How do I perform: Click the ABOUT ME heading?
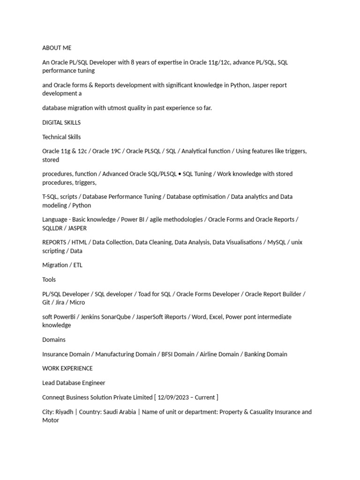57,48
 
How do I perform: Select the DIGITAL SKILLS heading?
61,122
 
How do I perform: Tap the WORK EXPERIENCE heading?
67,368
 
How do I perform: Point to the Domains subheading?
54,339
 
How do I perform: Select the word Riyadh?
65,412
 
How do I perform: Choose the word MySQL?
277,242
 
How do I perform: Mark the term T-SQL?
51,197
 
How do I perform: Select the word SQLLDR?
53,228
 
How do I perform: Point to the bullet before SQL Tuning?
179,174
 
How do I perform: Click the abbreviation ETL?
77,265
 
